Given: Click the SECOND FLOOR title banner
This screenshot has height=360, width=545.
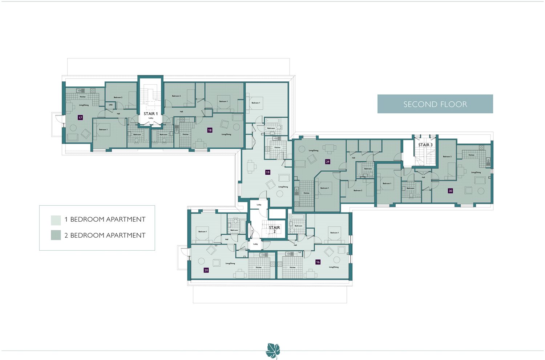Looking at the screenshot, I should point(435,104).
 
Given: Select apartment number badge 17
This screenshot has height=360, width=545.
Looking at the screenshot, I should point(80,118).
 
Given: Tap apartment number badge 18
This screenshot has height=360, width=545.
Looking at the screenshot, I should point(210,130).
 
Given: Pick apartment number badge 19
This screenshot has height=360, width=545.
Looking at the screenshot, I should point(268,172).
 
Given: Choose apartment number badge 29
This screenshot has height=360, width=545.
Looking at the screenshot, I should point(328,162).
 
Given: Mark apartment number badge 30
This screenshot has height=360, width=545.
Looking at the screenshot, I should point(451,191).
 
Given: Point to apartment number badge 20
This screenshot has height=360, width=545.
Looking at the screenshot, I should point(206,270).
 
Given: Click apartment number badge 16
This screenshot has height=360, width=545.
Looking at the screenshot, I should point(318,262).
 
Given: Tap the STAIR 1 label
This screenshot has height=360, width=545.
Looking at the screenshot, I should point(150,114).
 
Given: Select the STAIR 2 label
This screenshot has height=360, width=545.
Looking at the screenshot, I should point(274,229).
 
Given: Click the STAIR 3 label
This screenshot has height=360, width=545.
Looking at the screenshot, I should point(425,145).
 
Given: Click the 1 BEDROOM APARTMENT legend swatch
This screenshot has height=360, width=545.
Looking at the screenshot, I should point(56,220).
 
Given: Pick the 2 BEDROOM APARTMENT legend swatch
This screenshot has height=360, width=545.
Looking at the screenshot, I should point(56,235).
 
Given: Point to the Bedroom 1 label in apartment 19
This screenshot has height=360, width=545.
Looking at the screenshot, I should point(256,103).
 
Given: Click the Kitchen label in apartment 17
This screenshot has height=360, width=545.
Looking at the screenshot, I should point(83,97).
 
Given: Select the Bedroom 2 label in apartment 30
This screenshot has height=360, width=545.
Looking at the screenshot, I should point(447,157).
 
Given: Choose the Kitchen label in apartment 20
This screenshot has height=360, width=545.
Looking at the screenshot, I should point(259,267).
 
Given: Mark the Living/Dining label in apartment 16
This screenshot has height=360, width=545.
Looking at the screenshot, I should point(334,267).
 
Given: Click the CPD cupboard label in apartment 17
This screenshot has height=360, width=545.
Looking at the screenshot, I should point(111,105).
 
